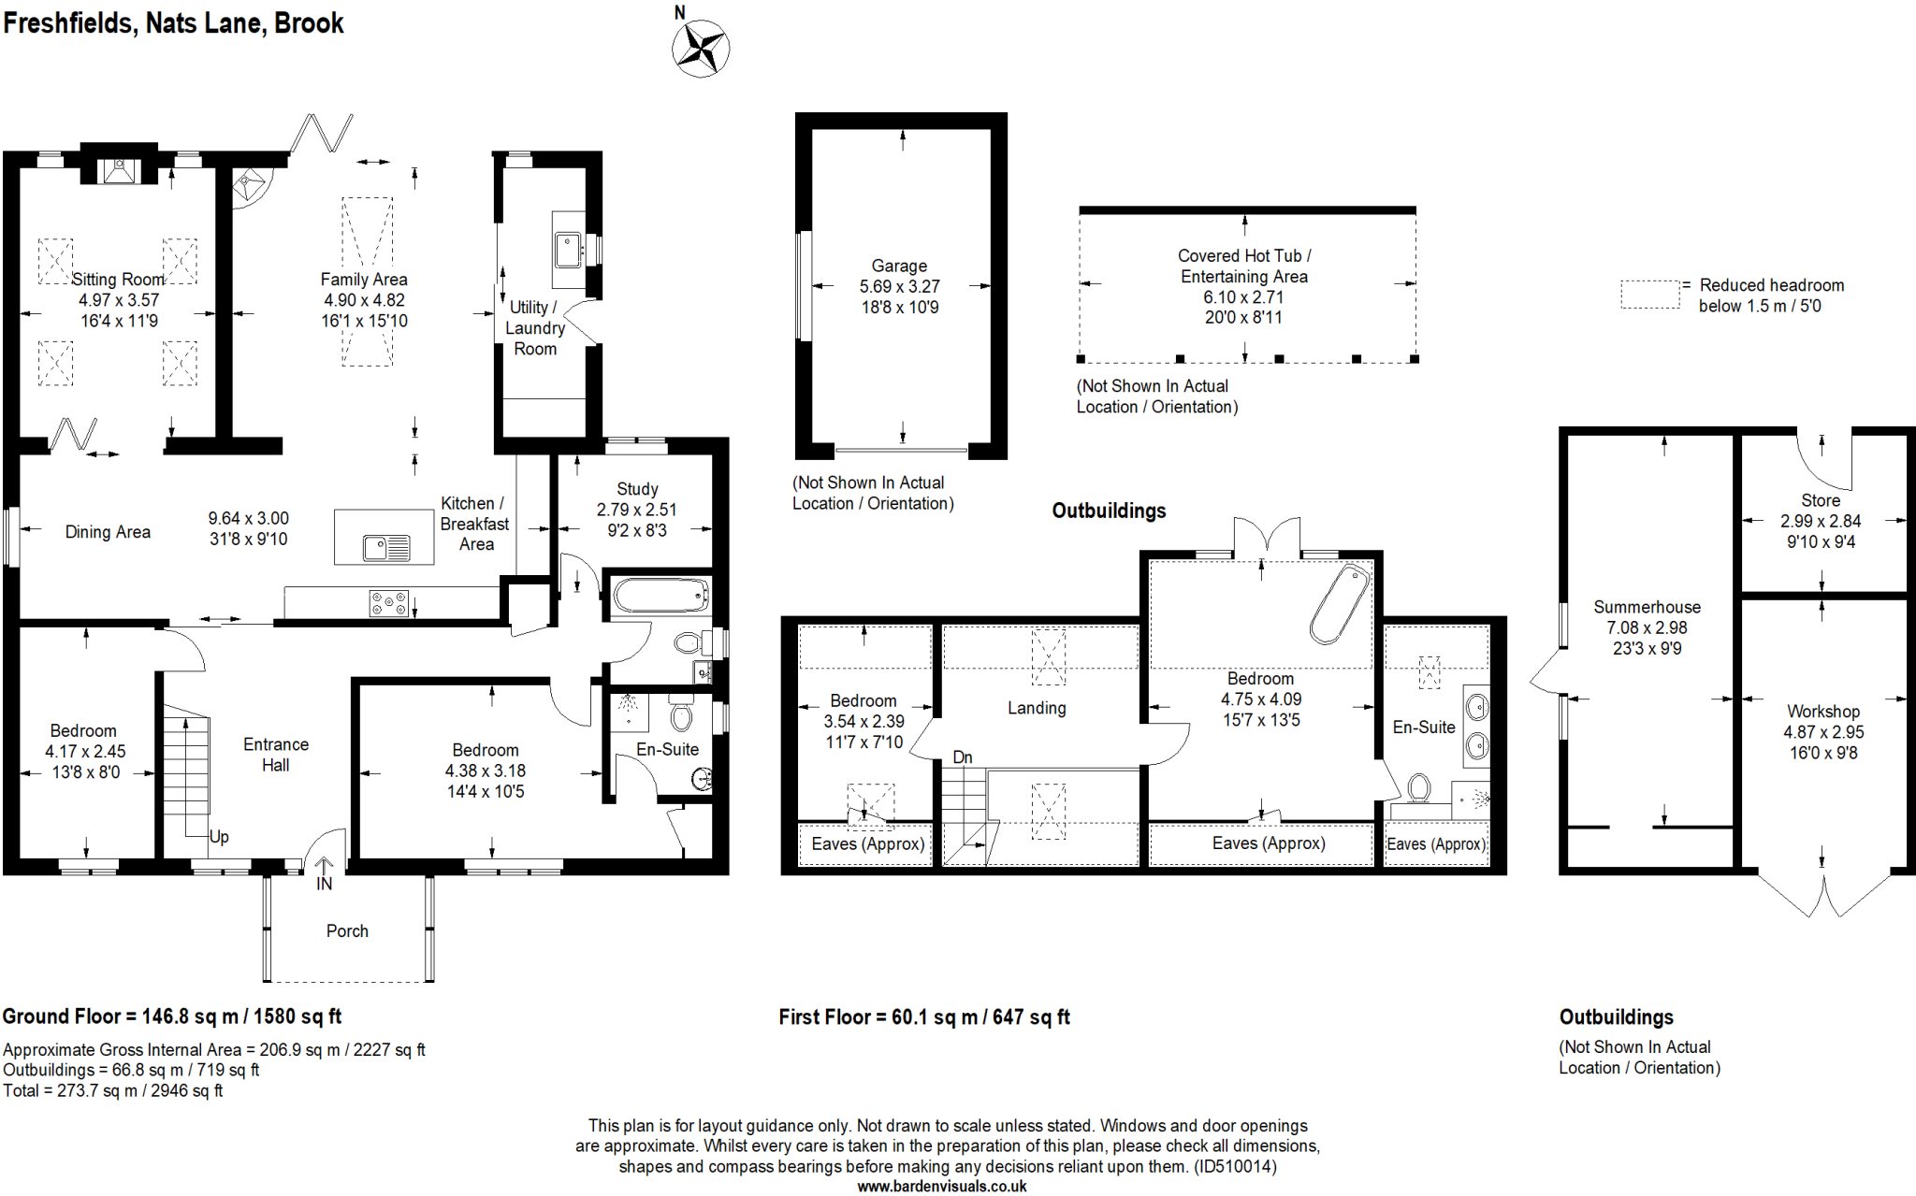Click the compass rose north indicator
[700, 47]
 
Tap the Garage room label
[899, 267]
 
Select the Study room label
[637, 489]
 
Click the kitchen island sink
[386, 547]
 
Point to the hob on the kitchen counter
[388, 603]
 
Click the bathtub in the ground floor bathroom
[661, 596]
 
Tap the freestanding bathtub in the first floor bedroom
[1339, 604]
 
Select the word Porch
[347, 931]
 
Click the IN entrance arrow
[324, 874]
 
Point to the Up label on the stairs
[219, 837]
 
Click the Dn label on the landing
[963, 757]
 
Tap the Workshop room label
[1822, 712]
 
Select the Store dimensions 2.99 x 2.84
[1820, 522]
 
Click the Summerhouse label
[1647, 607]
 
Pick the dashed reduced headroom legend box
[1649, 295]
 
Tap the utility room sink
[568, 250]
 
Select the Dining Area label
[108, 532]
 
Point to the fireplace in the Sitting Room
[119, 170]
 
